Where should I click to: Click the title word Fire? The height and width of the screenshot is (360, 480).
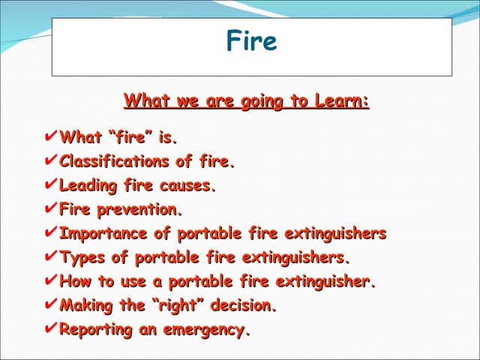coord(251,40)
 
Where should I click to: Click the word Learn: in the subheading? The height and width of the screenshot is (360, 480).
coord(340,100)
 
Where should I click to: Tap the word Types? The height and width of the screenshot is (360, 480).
coord(82,258)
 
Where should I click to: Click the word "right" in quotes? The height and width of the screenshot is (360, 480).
coord(177,306)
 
